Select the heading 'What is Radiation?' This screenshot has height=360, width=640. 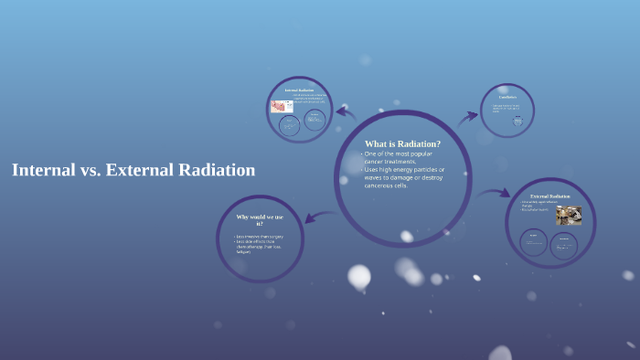point(402,143)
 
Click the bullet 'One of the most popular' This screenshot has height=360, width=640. point(399,154)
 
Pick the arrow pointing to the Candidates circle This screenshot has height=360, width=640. point(468,116)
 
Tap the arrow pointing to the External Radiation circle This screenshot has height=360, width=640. point(495,193)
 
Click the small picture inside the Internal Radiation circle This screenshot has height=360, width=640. point(281,106)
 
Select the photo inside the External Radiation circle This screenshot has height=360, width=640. point(568,215)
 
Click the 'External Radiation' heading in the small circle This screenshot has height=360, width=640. point(550,196)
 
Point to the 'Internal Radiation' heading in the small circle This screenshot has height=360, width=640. point(299,90)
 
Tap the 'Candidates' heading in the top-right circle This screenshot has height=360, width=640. point(507,97)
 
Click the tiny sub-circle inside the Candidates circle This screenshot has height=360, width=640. point(517,120)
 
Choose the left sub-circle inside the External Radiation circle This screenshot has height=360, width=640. point(533,241)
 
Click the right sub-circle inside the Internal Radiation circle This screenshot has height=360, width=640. point(315,121)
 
